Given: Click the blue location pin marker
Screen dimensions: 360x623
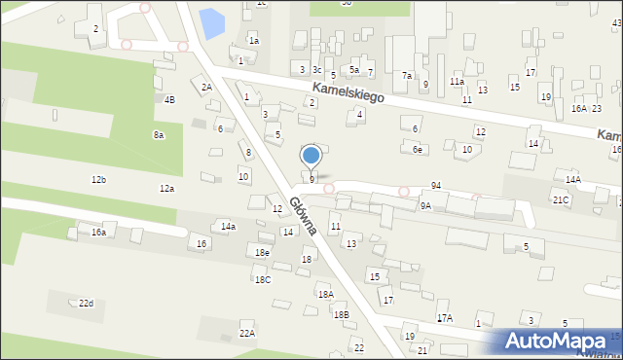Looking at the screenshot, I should click(311, 156).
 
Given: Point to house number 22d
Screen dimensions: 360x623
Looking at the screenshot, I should click(87, 304).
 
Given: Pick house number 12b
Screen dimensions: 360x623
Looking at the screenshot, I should click(98, 180).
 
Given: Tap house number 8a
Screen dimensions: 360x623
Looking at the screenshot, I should click(159, 135).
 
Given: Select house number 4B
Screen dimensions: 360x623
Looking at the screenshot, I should click(170, 99).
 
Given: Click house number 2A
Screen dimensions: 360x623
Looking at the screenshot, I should click(206, 88).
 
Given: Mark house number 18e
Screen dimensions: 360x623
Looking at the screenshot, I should click(263, 253).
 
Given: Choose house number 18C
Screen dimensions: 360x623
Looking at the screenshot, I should click(263, 280).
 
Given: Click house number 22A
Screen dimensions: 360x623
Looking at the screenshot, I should click(247, 333).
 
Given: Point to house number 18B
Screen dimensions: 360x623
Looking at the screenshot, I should click(340, 315).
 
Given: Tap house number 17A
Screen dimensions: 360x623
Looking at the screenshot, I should click(444, 318).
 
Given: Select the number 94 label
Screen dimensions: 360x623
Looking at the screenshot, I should click(436, 185).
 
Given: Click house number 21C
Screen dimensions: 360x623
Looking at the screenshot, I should click(561, 199).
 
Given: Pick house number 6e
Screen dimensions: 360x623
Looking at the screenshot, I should click(418, 149).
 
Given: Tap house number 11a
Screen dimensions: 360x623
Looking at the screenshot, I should click(457, 83).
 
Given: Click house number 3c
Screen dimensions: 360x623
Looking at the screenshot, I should click(316, 70).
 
